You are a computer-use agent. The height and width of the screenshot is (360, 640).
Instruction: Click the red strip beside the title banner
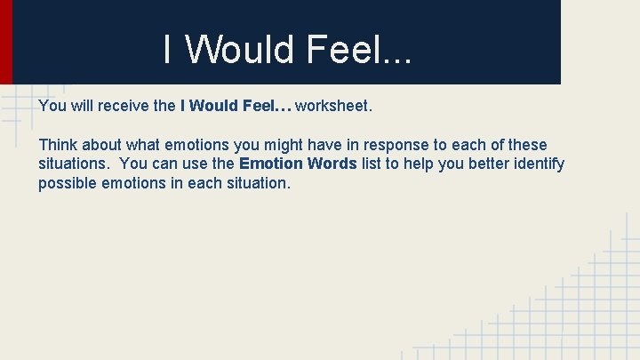(x=5, y=42)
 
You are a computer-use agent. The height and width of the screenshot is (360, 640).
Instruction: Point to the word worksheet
(x=333, y=107)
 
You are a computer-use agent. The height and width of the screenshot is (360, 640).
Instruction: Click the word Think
(x=58, y=145)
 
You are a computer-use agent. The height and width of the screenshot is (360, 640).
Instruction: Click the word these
(x=524, y=145)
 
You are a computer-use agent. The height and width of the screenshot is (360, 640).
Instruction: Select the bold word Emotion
(x=271, y=164)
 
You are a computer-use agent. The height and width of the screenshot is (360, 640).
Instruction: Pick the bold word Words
(x=332, y=164)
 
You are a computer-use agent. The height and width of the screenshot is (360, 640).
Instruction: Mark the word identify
(x=538, y=164)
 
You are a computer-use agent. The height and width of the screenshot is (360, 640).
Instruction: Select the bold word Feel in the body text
(x=258, y=107)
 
